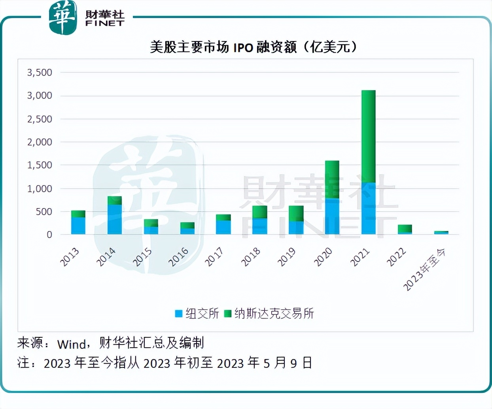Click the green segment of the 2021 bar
tap(368, 136)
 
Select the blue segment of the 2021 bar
tap(368, 208)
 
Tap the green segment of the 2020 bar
tap(332, 179)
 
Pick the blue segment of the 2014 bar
tap(115, 219)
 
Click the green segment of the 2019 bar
tap(296, 214)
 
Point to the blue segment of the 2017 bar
tap(223, 227)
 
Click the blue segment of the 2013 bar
tap(78, 225)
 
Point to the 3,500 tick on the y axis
tap(40, 72)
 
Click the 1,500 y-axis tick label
tap(40, 165)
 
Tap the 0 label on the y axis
tap(49, 235)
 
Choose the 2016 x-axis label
tap(178, 257)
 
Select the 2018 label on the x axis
tap(251, 257)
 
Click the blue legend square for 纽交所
tap(179, 314)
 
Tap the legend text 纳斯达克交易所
tap(274, 314)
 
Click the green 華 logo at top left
tap(62, 18)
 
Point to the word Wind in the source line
tap(72, 344)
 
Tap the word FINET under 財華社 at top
tap(105, 24)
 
